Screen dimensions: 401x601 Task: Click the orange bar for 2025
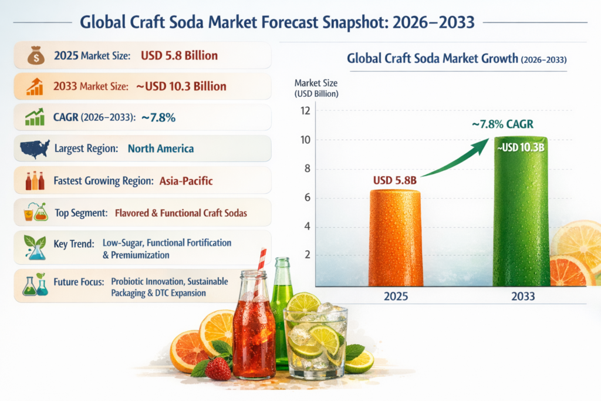coord(395,238)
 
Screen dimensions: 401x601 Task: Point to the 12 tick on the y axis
coord(303,110)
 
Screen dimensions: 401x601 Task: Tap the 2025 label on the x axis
coord(396,296)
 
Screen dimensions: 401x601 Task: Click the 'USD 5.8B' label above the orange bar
coord(394,180)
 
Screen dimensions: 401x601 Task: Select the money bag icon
coord(35,56)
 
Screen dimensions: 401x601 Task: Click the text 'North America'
coord(160,149)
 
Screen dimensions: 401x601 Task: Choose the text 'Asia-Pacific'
coord(186,181)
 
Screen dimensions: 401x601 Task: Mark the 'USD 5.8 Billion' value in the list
coord(179,56)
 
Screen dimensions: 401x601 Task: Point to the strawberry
coord(218,368)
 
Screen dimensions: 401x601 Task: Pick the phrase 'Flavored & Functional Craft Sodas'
coord(181,213)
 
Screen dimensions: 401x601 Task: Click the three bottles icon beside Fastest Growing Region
coord(35,180)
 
